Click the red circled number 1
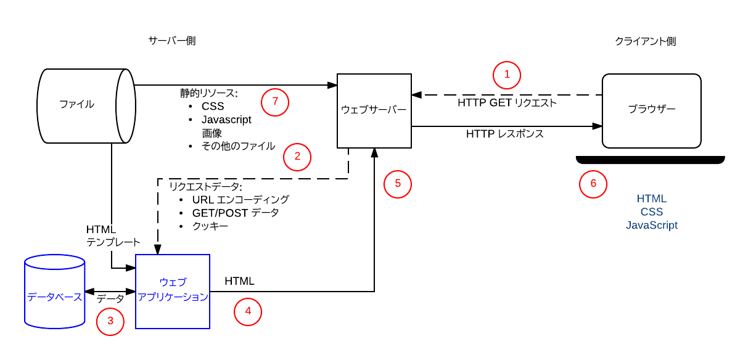coord(507,75)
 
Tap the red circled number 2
coord(297,157)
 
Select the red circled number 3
coord(110,321)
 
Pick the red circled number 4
coord(248,311)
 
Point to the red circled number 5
coord(397,183)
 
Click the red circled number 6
coord(593,184)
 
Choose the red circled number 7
coord(275,103)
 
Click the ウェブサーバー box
coord(374,110)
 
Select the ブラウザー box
coord(651,110)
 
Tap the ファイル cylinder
coord(77,105)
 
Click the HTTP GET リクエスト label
coord(507,103)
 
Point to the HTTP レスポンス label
coord(504,134)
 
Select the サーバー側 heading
coord(172,41)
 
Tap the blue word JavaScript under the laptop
coord(651,226)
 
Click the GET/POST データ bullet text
coord(236,213)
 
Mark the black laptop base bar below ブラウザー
coord(650,160)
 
